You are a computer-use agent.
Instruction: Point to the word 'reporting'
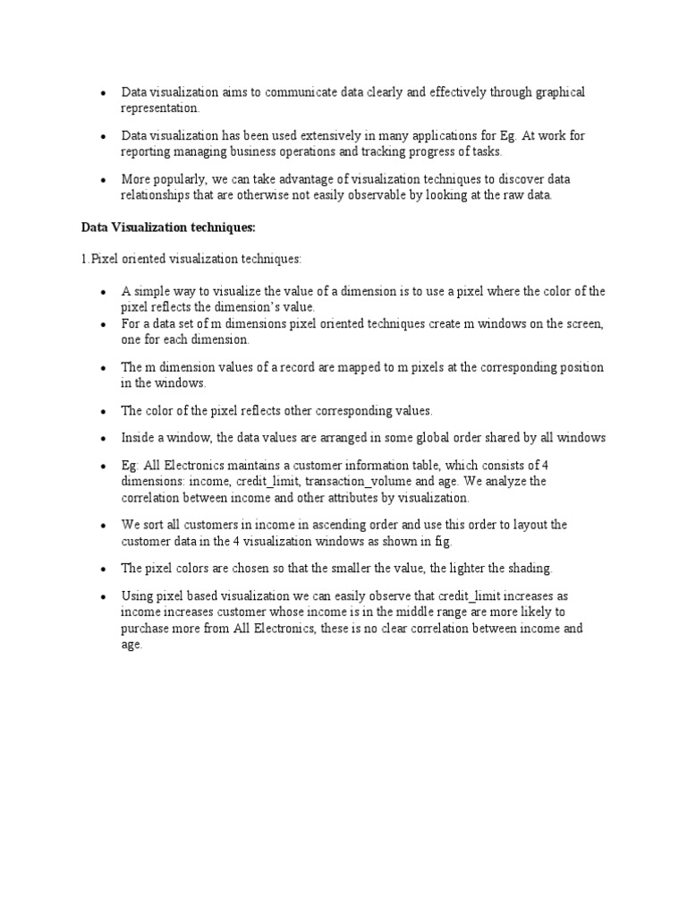[x=146, y=151]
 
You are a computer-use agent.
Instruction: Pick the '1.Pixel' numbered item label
[x=98, y=259]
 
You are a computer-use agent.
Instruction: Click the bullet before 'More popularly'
[x=104, y=180]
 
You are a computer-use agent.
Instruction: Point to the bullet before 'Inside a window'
[x=104, y=439]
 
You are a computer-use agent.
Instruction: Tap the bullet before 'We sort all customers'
[x=104, y=526]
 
